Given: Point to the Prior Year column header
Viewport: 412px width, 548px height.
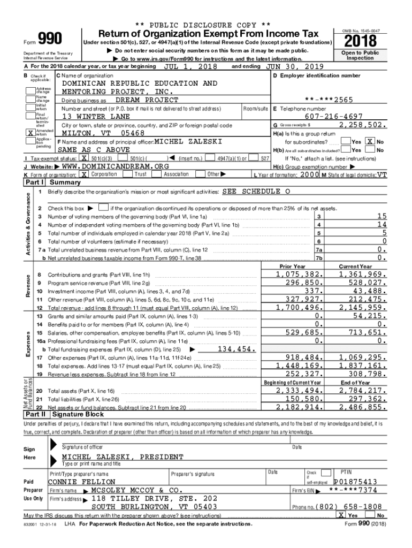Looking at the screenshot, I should tap(292, 267).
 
